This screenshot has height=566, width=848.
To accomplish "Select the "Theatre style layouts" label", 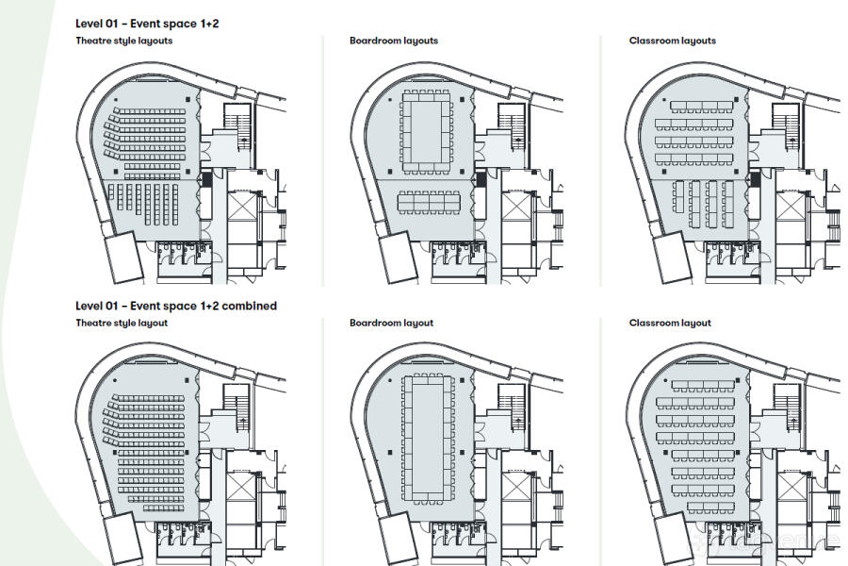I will click(124, 41).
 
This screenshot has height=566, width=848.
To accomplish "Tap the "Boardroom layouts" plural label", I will click(394, 41).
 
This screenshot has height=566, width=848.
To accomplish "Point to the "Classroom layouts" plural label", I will click(673, 41).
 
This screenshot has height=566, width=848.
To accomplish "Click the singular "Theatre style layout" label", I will click(122, 323).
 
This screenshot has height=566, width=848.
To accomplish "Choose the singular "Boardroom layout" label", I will click(391, 323).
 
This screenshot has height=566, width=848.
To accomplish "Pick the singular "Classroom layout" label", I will click(670, 323).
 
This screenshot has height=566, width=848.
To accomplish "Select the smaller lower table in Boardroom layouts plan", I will click(429, 202).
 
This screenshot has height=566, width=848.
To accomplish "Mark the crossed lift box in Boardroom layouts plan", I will click(514, 206).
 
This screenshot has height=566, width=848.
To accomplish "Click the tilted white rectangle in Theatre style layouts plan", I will click(122, 257).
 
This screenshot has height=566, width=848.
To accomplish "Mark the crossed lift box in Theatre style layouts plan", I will click(240, 206).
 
